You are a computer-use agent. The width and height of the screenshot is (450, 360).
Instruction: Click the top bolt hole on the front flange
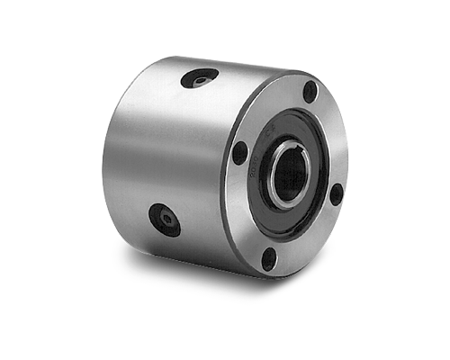coord(310,91)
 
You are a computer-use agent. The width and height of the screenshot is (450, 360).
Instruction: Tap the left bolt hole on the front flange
coord(239,154)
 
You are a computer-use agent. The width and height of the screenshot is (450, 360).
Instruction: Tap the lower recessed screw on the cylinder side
coord(165,219)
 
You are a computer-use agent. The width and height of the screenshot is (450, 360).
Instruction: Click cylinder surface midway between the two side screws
coord(180,148)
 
